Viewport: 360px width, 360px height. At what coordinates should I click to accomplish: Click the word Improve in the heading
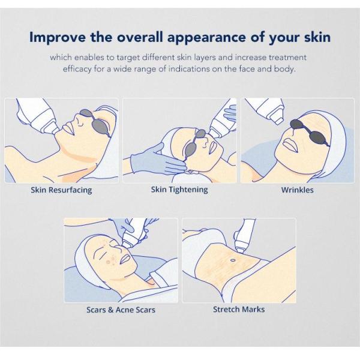(58, 37)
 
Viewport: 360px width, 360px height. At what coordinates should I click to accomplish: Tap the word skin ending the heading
(317, 37)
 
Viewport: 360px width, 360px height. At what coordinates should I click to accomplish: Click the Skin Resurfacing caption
(61, 190)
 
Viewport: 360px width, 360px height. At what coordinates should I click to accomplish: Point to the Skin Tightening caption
(179, 190)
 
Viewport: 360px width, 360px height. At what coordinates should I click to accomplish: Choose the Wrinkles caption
(298, 190)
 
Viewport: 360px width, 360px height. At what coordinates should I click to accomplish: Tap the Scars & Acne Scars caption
(121, 310)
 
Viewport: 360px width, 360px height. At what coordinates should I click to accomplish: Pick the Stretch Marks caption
(239, 309)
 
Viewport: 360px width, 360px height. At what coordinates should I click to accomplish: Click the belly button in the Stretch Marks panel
(233, 260)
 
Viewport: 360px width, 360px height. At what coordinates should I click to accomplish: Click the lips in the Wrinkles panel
(290, 145)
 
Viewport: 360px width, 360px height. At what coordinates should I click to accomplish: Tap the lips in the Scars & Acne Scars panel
(124, 259)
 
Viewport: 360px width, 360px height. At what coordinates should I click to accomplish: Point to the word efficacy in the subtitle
(77, 68)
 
